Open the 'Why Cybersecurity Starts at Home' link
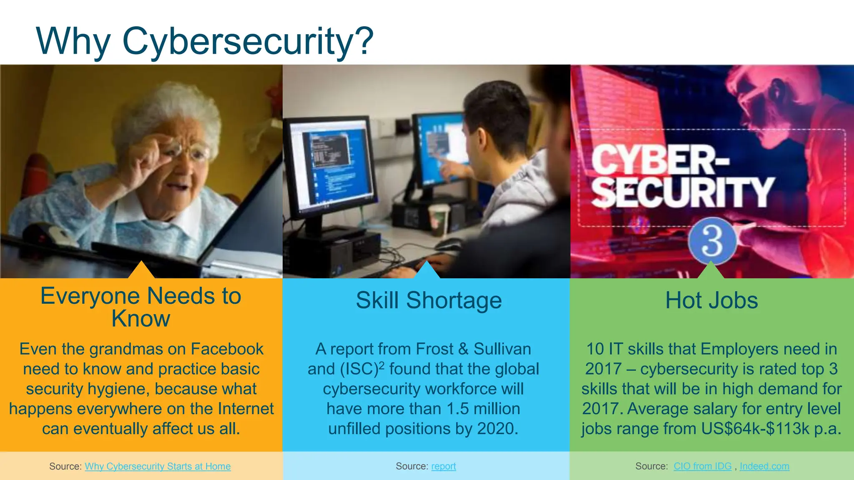tap(158, 466)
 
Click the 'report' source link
tap(443, 466)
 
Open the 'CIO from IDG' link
tap(702, 466)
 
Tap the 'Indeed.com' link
tap(764, 466)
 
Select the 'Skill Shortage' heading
tap(429, 300)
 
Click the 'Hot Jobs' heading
tap(711, 300)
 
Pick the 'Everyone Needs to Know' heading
tap(141, 307)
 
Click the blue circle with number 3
tap(712, 241)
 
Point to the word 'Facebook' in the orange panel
tap(227, 349)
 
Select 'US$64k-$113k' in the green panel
tap(755, 429)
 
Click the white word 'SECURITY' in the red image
tap(682, 192)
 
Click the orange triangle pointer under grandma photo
tap(141, 271)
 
